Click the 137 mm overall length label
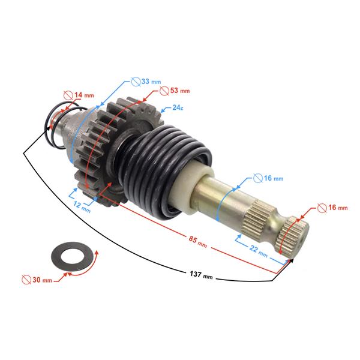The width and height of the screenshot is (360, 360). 201,275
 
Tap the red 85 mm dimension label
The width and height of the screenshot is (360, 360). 197,242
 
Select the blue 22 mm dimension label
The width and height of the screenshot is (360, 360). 259,251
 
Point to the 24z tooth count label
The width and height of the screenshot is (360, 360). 178,107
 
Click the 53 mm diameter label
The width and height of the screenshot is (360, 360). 180,91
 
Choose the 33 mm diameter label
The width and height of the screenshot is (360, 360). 151,81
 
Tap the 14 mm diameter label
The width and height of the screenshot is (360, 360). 84,95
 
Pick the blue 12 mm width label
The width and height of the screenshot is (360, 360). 82,206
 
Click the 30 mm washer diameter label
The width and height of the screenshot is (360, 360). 42,280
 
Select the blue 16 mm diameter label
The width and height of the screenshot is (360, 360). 274,178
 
